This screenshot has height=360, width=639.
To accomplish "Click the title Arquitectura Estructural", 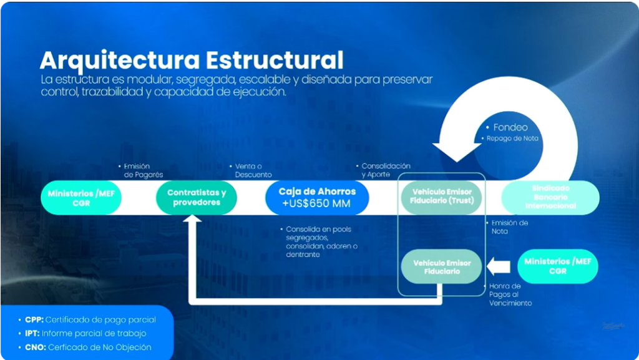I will click(x=191, y=61).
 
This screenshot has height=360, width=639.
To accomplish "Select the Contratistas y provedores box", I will click(x=197, y=198).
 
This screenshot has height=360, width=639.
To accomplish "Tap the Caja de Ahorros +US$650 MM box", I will click(x=317, y=198).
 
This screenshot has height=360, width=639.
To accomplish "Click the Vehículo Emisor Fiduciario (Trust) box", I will click(x=442, y=197).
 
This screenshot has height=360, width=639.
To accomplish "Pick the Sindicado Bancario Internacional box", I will click(x=550, y=197).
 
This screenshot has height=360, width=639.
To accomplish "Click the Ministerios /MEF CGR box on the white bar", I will click(x=80, y=198).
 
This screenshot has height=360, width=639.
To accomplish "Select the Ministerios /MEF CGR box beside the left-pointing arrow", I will click(x=558, y=266).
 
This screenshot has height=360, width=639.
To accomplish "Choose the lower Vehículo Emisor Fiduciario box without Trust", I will click(x=441, y=267).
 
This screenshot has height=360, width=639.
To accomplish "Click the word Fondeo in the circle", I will click(x=510, y=127).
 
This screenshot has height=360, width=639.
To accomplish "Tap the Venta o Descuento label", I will click(x=253, y=170).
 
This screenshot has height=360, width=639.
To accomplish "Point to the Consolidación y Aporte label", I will click(x=386, y=170).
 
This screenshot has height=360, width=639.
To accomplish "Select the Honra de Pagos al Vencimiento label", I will click(x=510, y=294).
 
